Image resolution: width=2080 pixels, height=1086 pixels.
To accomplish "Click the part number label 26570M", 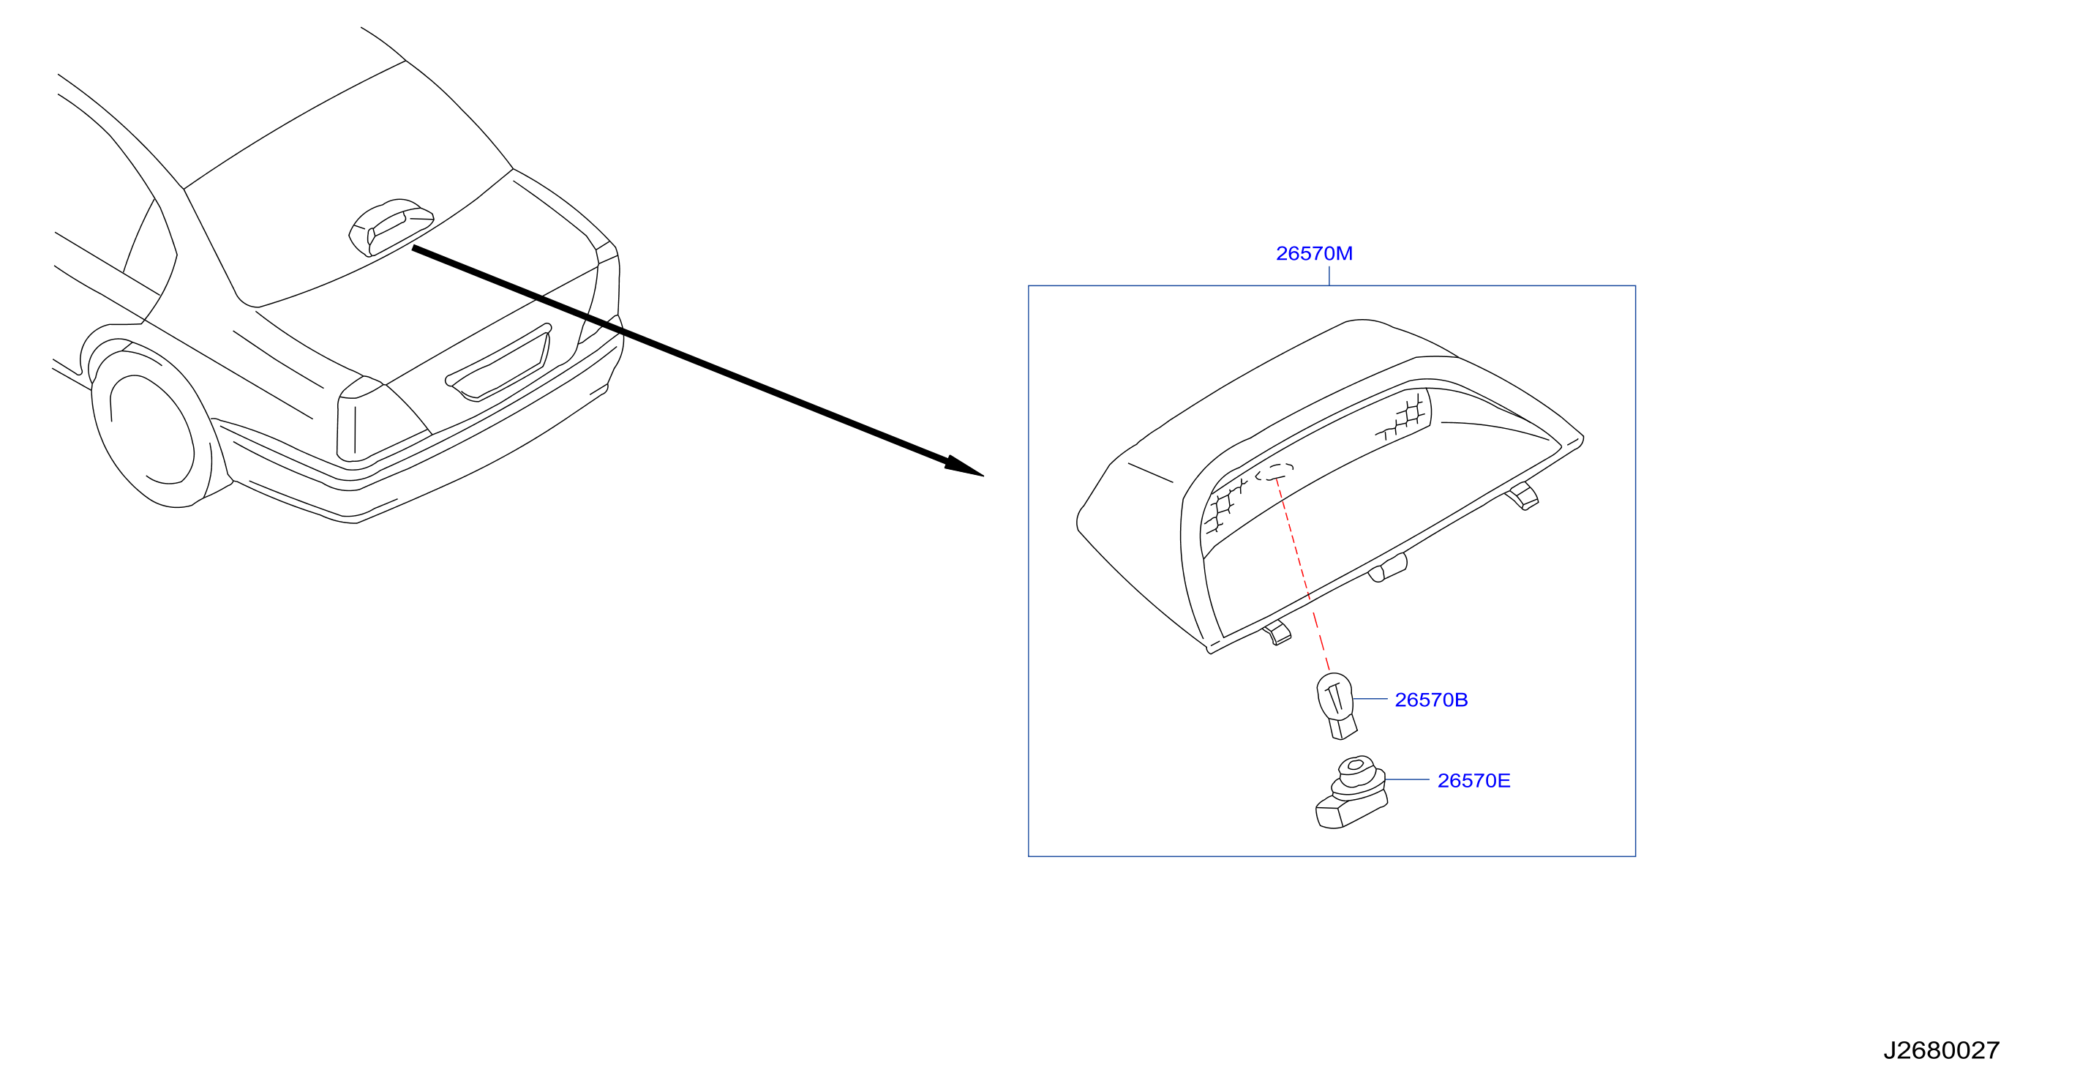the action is click(x=1314, y=253).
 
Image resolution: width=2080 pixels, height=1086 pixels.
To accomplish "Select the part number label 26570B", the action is click(x=1431, y=700).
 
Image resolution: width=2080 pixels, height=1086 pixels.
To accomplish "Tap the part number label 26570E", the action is click(x=1473, y=781).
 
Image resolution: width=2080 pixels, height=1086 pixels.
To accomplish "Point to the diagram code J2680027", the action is click(x=1941, y=1050).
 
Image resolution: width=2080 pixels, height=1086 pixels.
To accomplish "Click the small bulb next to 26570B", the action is click(x=1337, y=705).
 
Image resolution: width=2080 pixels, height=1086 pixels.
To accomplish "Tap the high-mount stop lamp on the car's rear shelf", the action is click(x=391, y=227).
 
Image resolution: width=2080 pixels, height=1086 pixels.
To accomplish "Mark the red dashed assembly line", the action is click(x=1302, y=574).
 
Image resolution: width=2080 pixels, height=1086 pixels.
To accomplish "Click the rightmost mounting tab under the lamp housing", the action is click(x=1523, y=495).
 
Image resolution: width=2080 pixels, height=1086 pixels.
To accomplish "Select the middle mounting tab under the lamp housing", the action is click(x=1388, y=568).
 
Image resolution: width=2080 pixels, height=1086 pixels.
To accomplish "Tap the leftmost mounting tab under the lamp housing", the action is click(x=1277, y=633).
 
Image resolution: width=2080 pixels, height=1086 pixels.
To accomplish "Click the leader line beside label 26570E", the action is click(x=1408, y=780).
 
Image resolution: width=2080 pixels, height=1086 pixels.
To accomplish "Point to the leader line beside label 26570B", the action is click(x=1370, y=699).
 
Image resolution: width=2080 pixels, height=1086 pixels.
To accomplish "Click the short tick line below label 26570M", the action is click(x=1329, y=275).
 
